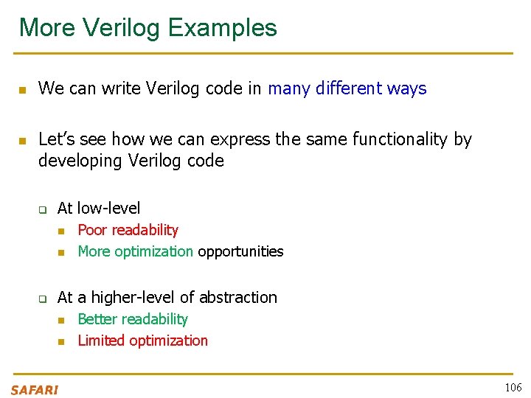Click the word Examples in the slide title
[223, 28]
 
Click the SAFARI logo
[35, 390]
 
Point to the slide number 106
[513, 388]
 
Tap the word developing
[80, 160]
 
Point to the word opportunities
[240, 251]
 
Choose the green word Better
[97, 319]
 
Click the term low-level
[108, 209]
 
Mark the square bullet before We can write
[22, 90]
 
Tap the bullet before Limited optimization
[63, 341]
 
